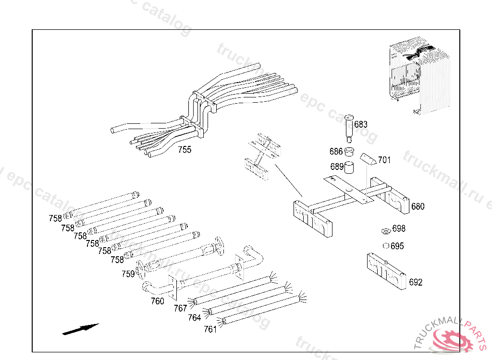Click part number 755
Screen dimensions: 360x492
point(184,149)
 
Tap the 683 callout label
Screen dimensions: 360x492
point(361,125)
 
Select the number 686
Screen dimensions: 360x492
point(336,152)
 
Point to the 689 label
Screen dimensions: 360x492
point(337,167)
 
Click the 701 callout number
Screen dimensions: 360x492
point(384,160)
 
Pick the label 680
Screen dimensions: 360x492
point(418,206)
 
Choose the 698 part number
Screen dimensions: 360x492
point(399,228)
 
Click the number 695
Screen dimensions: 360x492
point(397,246)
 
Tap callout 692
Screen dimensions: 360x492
point(416,282)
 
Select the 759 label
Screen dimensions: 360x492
point(128,274)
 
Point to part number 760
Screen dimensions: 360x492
point(157,301)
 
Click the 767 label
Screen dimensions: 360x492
point(180,309)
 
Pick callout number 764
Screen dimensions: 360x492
point(194,318)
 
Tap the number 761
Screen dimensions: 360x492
point(210,329)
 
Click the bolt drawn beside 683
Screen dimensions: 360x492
point(349,128)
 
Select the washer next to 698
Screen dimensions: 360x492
point(386,231)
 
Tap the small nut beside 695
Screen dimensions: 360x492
point(385,246)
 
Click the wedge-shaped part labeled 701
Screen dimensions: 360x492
point(369,158)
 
